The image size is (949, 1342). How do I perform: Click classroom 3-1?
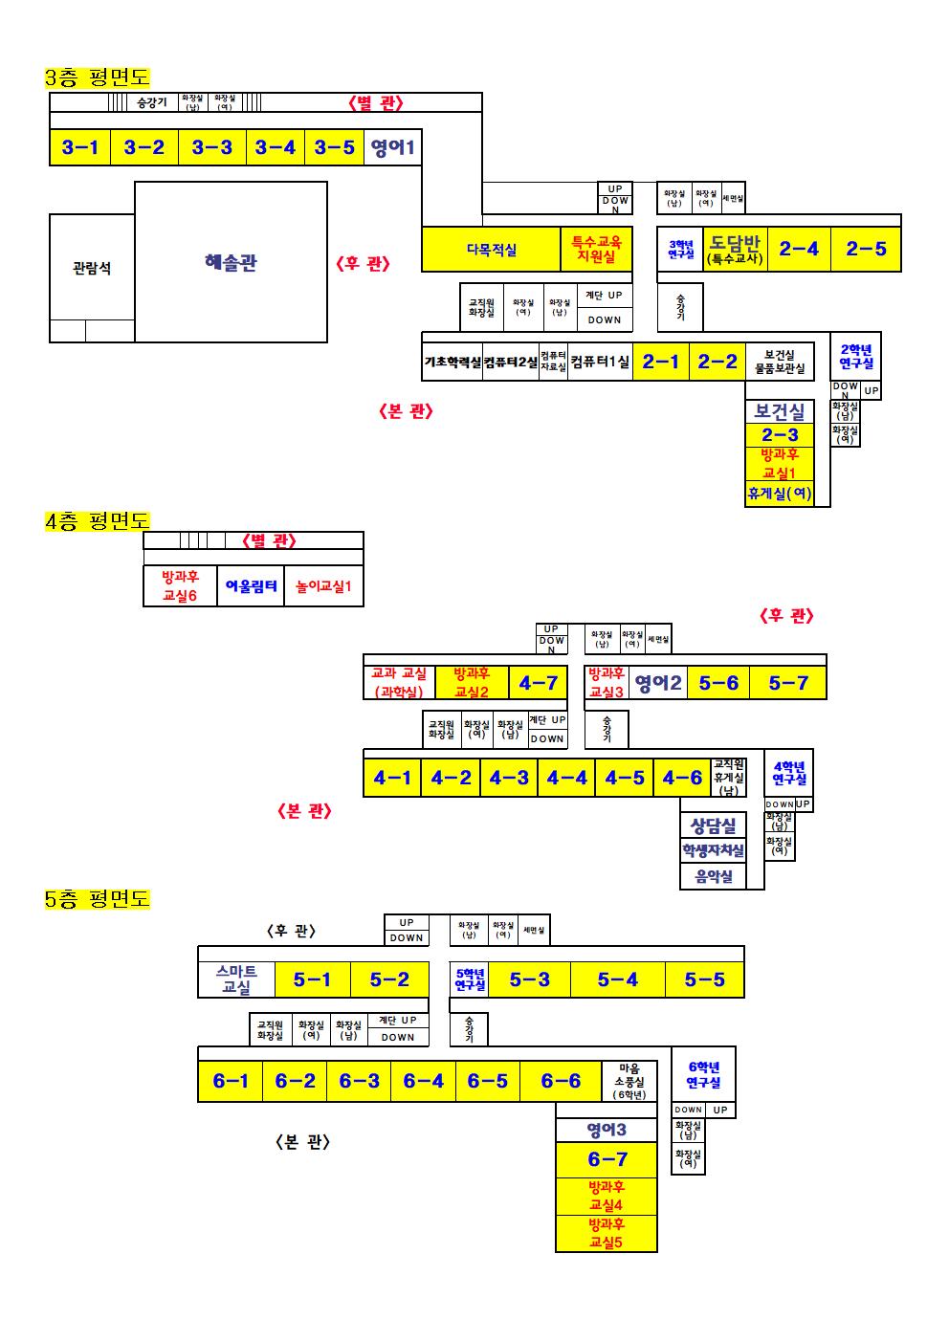click(x=80, y=147)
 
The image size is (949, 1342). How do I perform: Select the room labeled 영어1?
click(x=392, y=147)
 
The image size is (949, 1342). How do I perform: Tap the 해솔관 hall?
click(x=231, y=262)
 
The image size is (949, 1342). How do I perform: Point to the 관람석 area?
click(x=92, y=268)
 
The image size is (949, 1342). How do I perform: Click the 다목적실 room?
click(x=491, y=250)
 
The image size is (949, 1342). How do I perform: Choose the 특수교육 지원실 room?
click(x=596, y=250)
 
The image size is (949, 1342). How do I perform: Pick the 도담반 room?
click(x=734, y=249)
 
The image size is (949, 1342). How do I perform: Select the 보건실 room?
click(x=780, y=411)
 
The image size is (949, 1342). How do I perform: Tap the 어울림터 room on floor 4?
click(x=252, y=586)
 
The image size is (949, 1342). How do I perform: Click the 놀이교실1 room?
click(x=323, y=586)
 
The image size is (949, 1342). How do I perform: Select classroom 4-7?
click(x=538, y=683)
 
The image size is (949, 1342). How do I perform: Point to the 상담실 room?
click(x=714, y=825)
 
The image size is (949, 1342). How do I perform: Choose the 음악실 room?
click(x=714, y=876)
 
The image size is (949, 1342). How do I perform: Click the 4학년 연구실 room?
click(x=789, y=772)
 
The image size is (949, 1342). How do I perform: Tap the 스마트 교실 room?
click(x=236, y=979)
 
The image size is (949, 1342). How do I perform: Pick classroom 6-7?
click(x=607, y=1159)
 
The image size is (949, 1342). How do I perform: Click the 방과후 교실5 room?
click(x=607, y=1233)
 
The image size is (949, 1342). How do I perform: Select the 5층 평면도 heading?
click(x=98, y=899)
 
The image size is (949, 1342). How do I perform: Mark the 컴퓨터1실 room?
click(x=600, y=362)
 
